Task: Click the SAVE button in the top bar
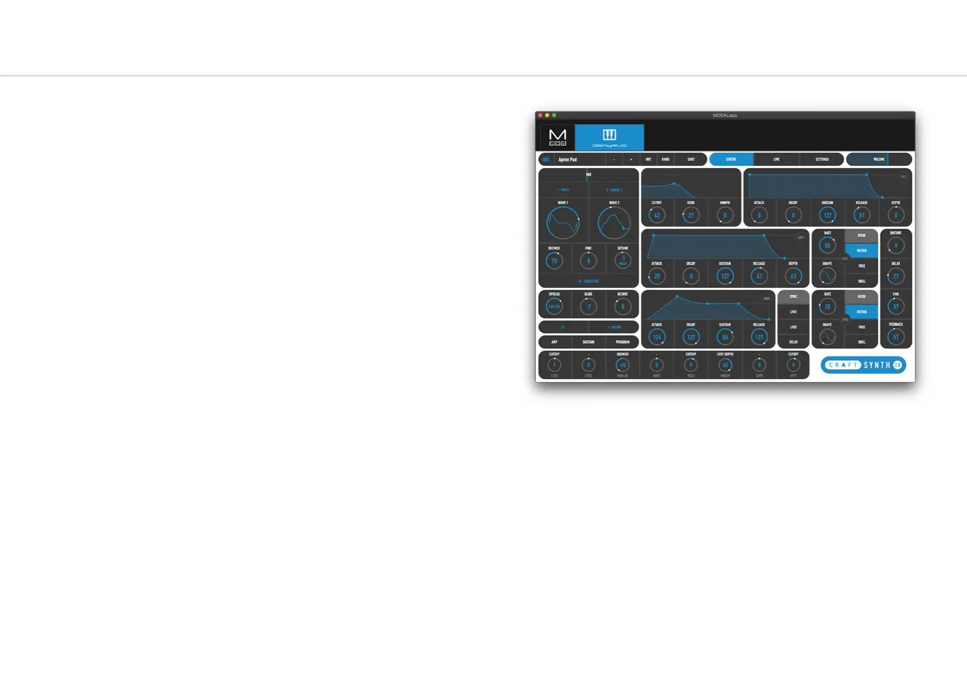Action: point(691,160)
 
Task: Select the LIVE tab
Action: point(776,160)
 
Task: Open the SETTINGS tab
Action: point(822,160)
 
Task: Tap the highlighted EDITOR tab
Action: point(731,160)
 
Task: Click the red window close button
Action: point(540,115)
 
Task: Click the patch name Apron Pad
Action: point(568,160)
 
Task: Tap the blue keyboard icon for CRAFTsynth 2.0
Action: point(609,137)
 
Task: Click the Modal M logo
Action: point(557,137)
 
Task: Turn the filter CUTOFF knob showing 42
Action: point(656,215)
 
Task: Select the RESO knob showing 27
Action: point(690,215)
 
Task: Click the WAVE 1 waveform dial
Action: point(563,223)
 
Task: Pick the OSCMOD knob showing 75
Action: point(554,260)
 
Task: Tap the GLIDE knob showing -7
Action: point(588,306)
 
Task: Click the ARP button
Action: point(554,342)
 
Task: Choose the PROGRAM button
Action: point(622,342)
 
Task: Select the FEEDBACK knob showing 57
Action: point(896,337)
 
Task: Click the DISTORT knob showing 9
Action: point(896,245)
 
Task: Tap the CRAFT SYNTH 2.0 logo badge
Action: point(863,365)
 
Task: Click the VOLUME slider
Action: point(879,160)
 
